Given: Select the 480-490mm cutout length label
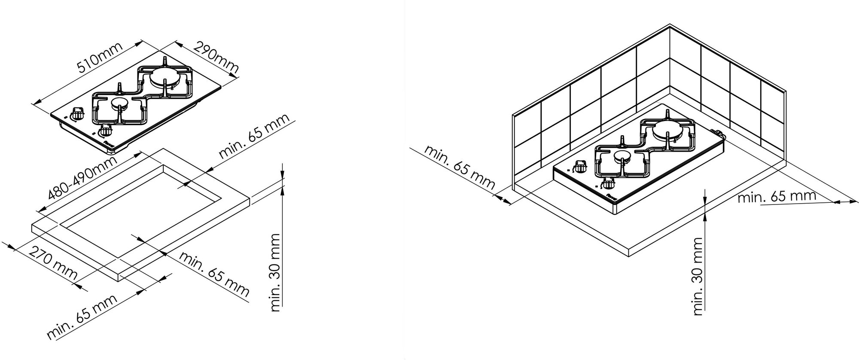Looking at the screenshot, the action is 82,178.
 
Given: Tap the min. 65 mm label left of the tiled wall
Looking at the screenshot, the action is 459,168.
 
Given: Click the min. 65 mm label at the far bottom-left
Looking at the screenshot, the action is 82,317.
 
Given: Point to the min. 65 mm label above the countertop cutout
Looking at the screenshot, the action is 254,136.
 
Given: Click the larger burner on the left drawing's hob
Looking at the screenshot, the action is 165,78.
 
